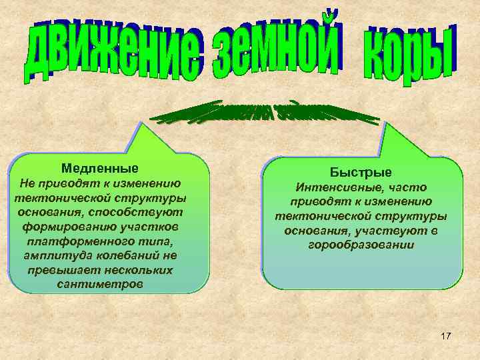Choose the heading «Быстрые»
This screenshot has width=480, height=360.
(361, 173)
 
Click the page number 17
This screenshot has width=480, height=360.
(446, 336)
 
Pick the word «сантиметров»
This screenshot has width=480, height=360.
(99, 285)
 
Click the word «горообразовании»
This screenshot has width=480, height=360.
(361, 245)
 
